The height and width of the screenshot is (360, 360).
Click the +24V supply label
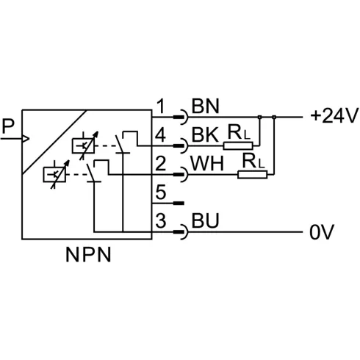click(334, 115)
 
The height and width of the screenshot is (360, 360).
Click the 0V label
click(322, 231)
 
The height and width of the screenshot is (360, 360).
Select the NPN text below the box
click(88, 255)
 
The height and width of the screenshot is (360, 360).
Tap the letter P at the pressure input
click(8, 126)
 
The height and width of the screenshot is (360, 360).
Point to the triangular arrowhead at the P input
click(26, 139)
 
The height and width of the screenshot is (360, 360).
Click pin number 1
click(161, 106)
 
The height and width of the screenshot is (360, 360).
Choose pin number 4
click(160, 135)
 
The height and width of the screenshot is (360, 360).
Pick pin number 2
click(161, 164)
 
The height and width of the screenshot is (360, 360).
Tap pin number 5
click(161, 192)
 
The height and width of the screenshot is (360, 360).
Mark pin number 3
click(161, 220)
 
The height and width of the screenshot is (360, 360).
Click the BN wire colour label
click(205, 106)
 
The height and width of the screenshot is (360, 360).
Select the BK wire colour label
click(205, 135)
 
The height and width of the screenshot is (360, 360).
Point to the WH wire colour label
click(207, 164)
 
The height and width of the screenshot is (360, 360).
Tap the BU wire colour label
click(205, 220)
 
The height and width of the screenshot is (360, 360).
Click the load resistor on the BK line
click(238, 146)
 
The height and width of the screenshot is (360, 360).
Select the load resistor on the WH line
click(253, 175)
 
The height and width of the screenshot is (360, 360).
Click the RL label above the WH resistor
click(253, 161)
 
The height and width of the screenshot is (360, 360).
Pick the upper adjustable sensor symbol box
click(83, 146)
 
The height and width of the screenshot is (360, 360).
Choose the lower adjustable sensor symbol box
click(54, 175)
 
